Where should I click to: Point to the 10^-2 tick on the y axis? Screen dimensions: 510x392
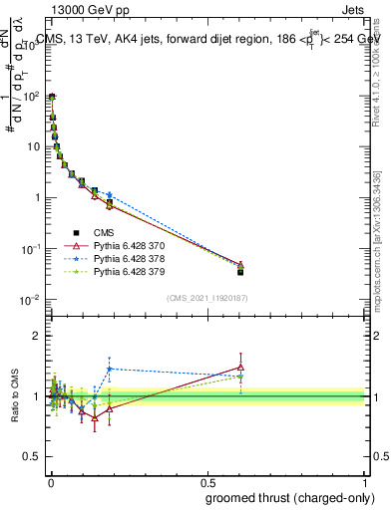pyautogui.click(x=34, y=299)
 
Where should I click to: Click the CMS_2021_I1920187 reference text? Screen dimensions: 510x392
pyautogui.click(x=206, y=298)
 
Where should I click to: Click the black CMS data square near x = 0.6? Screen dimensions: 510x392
pyautogui.click(x=240, y=271)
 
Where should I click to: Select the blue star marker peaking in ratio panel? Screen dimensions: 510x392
pyautogui.click(x=109, y=369)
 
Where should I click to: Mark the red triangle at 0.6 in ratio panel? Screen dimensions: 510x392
pyautogui.click(x=240, y=367)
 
